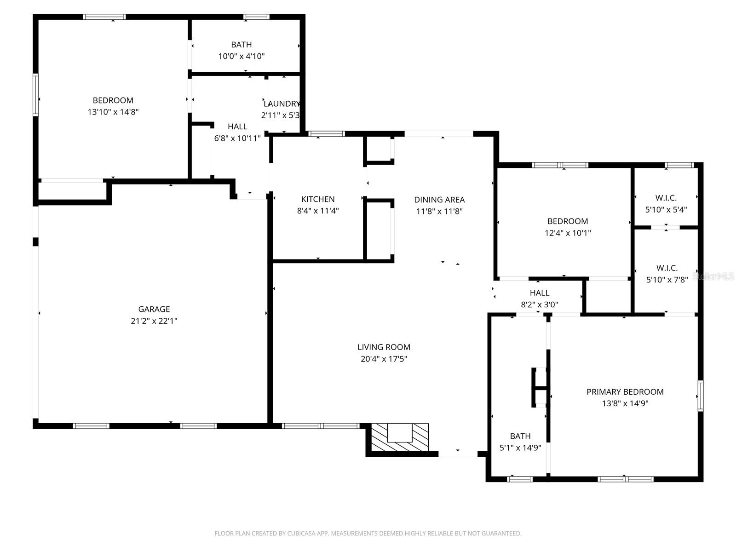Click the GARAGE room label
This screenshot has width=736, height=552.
coord(154,309)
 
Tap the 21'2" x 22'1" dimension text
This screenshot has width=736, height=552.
coord(154,321)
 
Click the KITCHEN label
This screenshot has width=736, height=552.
coord(318,199)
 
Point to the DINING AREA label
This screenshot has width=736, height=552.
coord(439,200)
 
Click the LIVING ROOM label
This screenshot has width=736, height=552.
coord(384,347)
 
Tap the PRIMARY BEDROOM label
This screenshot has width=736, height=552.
coord(625,392)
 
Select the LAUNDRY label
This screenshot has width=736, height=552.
coord(282,103)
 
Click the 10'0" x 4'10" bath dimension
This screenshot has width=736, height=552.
coord(241,57)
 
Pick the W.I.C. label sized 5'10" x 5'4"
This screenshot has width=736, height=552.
coord(666,198)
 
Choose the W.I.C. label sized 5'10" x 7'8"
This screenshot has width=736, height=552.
coord(667,268)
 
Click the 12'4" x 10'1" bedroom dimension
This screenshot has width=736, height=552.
coord(568,233)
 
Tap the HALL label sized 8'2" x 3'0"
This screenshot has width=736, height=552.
coord(540,293)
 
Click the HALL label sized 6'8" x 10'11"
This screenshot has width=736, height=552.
coord(237,126)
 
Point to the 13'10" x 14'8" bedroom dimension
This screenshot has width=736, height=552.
coord(113,112)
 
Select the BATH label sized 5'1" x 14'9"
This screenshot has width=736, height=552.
coord(520,436)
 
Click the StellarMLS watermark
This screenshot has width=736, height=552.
coord(713,276)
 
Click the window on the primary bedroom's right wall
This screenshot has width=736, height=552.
coord(700,395)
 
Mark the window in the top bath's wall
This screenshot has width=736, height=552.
coord(256,17)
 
